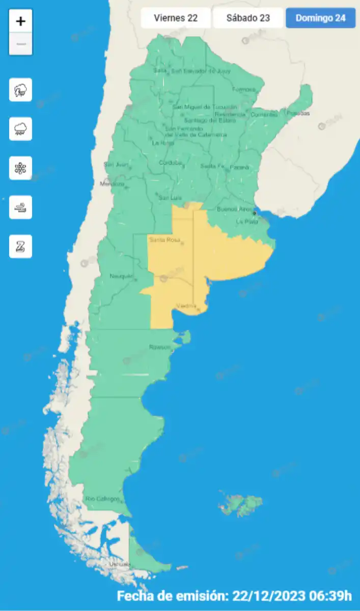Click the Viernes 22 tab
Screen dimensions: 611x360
(176, 18)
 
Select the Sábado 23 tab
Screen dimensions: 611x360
(248, 18)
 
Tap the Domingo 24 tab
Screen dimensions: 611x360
(321, 18)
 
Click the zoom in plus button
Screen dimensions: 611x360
(20, 21)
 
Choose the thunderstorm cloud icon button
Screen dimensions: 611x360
(20, 90)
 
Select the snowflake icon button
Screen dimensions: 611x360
(20, 168)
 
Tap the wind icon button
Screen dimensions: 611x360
(20, 207)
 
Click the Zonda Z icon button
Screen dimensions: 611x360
(20, 246)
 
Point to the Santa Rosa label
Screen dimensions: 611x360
(164, 240)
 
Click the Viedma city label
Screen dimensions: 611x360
(186, 306)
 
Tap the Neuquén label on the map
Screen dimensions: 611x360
(121, 276)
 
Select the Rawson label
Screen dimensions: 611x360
(159, 347)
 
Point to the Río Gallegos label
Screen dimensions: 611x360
(103, 499)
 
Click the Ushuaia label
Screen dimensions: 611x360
(120, 564)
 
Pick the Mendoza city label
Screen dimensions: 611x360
(112, 184)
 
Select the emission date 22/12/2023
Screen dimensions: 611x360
(269, 596)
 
